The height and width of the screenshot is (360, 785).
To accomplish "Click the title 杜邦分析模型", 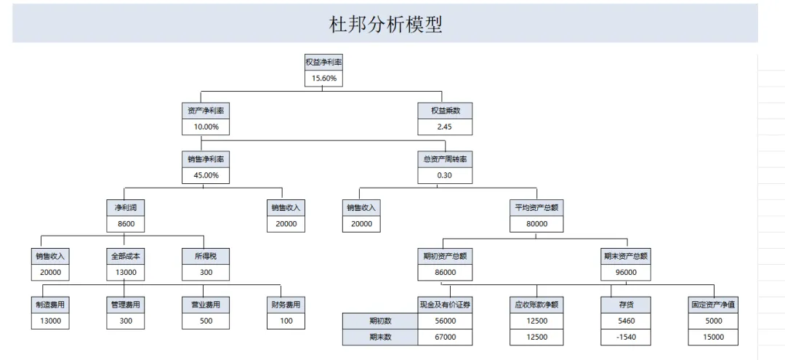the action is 385,23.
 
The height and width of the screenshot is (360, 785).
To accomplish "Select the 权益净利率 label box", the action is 324,62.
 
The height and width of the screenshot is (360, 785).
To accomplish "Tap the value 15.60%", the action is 324,78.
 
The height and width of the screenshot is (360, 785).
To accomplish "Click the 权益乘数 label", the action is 445,111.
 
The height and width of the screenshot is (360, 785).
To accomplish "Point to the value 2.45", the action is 445,127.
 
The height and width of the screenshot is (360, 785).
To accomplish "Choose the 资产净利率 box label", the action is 206,111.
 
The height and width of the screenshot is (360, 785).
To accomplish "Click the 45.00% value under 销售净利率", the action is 206,176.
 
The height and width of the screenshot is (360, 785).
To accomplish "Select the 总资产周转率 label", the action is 445,160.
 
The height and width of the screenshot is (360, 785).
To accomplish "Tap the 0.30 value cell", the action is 445,176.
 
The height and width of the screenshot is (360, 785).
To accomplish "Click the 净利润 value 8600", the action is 126,224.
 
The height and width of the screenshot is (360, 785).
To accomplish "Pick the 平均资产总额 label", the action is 536,208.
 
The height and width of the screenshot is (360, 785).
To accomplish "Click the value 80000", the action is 536,224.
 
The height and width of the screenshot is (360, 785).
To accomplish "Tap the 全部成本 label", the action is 126,256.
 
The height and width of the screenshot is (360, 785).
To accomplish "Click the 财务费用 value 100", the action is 286,321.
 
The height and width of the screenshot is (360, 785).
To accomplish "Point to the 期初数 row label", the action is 380,321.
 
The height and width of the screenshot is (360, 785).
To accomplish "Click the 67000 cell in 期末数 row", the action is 445,337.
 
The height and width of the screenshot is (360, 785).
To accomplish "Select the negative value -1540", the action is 626,337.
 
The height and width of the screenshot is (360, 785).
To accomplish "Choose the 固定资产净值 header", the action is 713,305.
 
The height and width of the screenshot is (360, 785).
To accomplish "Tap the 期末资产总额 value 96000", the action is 626,273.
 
